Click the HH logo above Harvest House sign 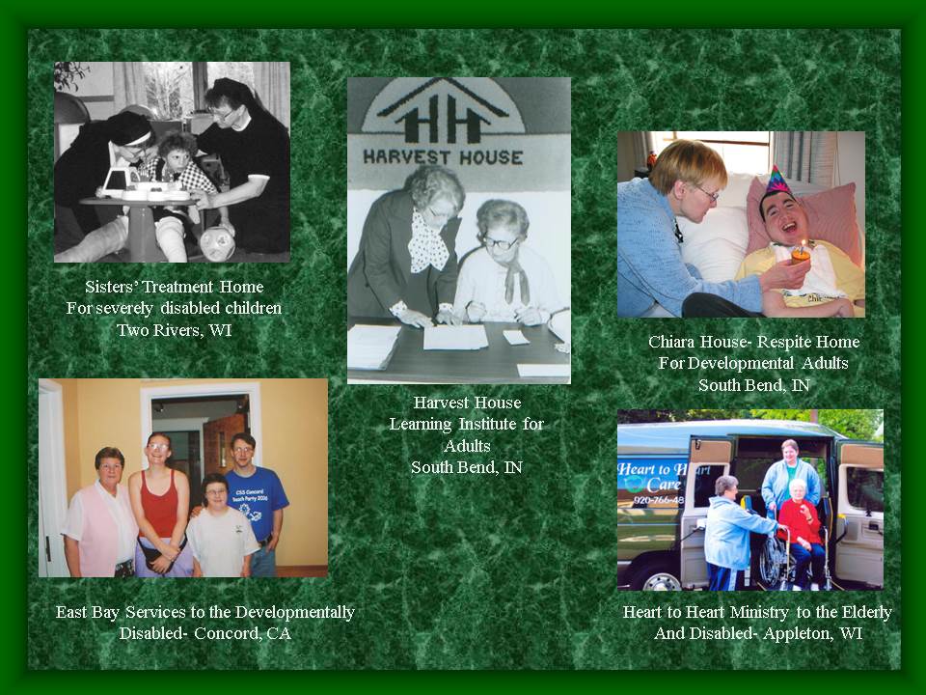443,114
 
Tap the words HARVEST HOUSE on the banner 443,157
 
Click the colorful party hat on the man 777,180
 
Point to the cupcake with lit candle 801,252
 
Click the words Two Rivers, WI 175,330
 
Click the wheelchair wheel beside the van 772,560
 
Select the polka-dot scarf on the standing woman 428,242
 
